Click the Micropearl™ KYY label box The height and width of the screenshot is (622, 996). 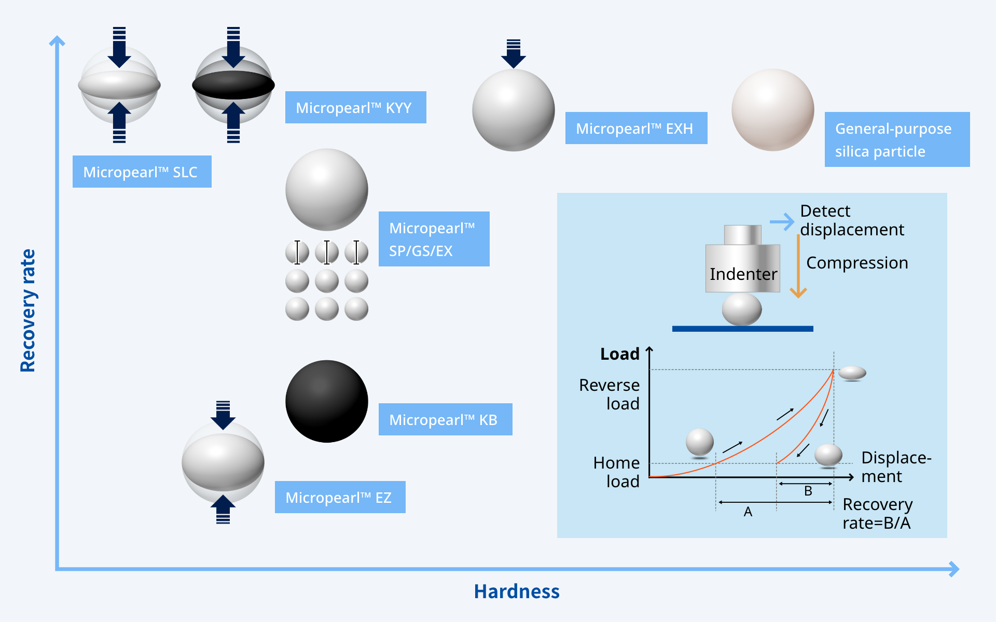click(x=355, y=107)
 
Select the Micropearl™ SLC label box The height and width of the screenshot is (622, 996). click(x=142, y=172)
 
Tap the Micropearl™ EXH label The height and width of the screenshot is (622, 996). click(x=636, y=128)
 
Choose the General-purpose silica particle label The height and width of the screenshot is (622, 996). click(x=897, y=139)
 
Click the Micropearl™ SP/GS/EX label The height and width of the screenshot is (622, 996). click(x=434, y=239)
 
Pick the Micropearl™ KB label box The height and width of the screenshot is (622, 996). click(x=445, y=419)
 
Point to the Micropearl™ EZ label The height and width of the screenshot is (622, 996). click(x=340, y=497)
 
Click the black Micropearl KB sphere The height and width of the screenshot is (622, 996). click(x=327, y=401)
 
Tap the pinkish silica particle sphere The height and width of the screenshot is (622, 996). click(x=772, y=110)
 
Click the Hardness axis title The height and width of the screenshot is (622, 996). click(x=517, y=591)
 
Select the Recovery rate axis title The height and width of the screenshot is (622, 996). click(x=28, y=310)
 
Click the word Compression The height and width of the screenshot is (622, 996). click(x=857, y=263)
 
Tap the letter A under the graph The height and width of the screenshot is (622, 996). click(x=748, y=512)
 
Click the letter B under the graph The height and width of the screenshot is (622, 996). click(x=808, y=491)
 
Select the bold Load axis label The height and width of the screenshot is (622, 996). click(x=619, y=354)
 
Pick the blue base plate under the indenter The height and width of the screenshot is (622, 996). click(x=742, y=329)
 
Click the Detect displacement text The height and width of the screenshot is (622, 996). click(x=852, y=220)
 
